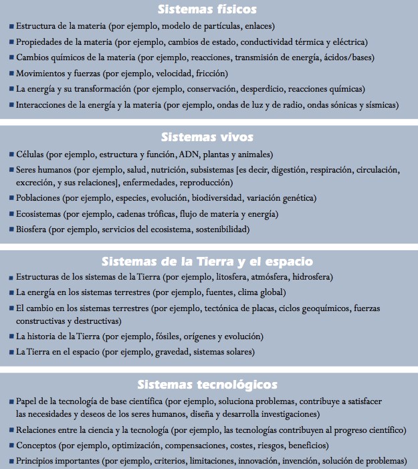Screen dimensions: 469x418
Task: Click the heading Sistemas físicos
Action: pos(209,9)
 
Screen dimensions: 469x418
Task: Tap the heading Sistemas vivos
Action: pos(209,137)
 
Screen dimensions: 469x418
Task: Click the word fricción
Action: pos(208,73)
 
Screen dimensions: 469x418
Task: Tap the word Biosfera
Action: pos(33,229)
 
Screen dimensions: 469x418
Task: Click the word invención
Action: pos(293,461)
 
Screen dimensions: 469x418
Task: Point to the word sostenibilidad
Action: pos(221,229)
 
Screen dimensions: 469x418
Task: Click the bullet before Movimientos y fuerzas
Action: pos(11,74)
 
